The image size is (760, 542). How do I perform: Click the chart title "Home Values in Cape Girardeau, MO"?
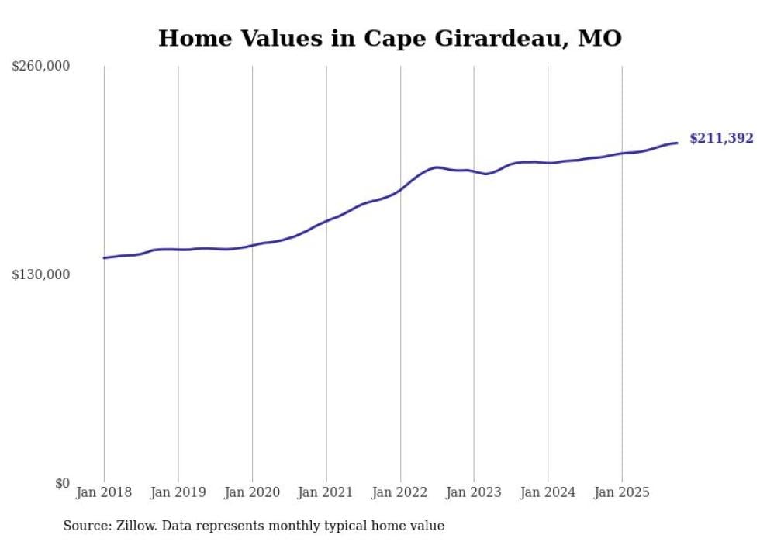(389, 38)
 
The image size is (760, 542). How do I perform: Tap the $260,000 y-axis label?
(40, 67)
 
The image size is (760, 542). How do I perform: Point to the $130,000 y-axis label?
(40, 274)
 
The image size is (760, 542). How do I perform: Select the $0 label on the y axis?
(62, 483)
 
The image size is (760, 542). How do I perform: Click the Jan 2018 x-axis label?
(104, 492)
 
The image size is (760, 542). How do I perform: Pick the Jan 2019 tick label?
(178, 492)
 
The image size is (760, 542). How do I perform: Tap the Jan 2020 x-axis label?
(252, 492)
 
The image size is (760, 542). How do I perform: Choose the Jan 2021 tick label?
(326, 492)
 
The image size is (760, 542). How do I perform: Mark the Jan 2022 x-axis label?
(400, 492)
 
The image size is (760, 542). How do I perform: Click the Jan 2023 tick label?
(474, 492)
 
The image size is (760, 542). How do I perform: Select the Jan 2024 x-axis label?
(548, 492)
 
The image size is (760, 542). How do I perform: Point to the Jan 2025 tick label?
(621, 492)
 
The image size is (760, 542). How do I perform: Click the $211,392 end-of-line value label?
(721, 139)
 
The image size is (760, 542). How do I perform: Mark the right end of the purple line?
(677, 143)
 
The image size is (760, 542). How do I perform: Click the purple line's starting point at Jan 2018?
(104, 258)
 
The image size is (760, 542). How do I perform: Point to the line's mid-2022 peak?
(437, 167)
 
